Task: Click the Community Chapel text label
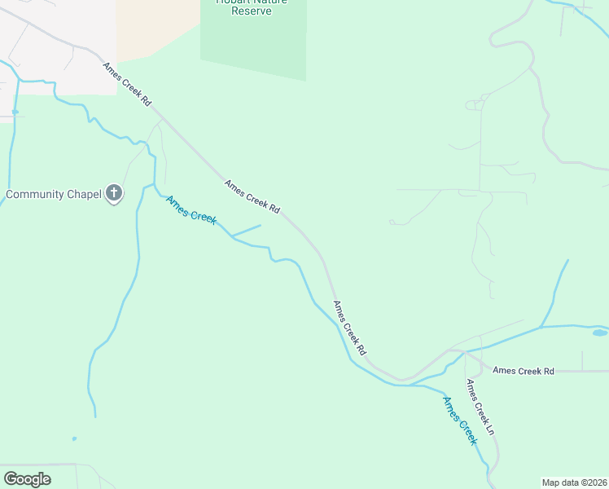53,194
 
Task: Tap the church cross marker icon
114,194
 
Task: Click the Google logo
27,479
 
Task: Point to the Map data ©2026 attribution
574,482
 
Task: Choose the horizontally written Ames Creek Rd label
524,371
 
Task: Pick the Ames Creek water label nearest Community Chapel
191,210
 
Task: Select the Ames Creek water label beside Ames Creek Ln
459,420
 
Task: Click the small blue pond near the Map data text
599,333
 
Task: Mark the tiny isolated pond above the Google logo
74,438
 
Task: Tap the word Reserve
250,12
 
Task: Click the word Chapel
84,194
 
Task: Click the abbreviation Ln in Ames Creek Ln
490,425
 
